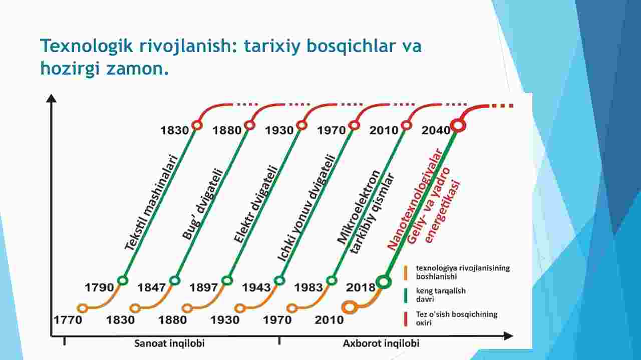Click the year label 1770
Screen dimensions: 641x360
pos(68,320)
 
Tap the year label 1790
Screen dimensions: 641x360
pos(99,287)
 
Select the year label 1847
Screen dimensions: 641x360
pos(152,287)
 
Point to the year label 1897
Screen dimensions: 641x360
pos(204,287)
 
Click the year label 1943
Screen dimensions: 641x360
pos(256,287)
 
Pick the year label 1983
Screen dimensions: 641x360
pos(309,287)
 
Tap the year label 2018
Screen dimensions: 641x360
pos(361,287)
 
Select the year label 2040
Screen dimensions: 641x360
pos(436,131)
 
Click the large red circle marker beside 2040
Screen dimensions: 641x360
pos(458,126)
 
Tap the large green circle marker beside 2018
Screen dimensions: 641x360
pos(384,282)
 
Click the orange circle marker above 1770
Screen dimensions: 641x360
pos(83,308)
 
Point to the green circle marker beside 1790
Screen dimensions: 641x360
pos(123,280)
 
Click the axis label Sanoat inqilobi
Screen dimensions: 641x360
pos(169,343)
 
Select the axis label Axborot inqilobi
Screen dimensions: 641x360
pos(381,343)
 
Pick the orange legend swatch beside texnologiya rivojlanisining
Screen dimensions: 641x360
pos(406,272)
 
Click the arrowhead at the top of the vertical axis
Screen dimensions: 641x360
pos(51,99)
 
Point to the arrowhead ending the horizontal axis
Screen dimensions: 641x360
pos(508,336)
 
